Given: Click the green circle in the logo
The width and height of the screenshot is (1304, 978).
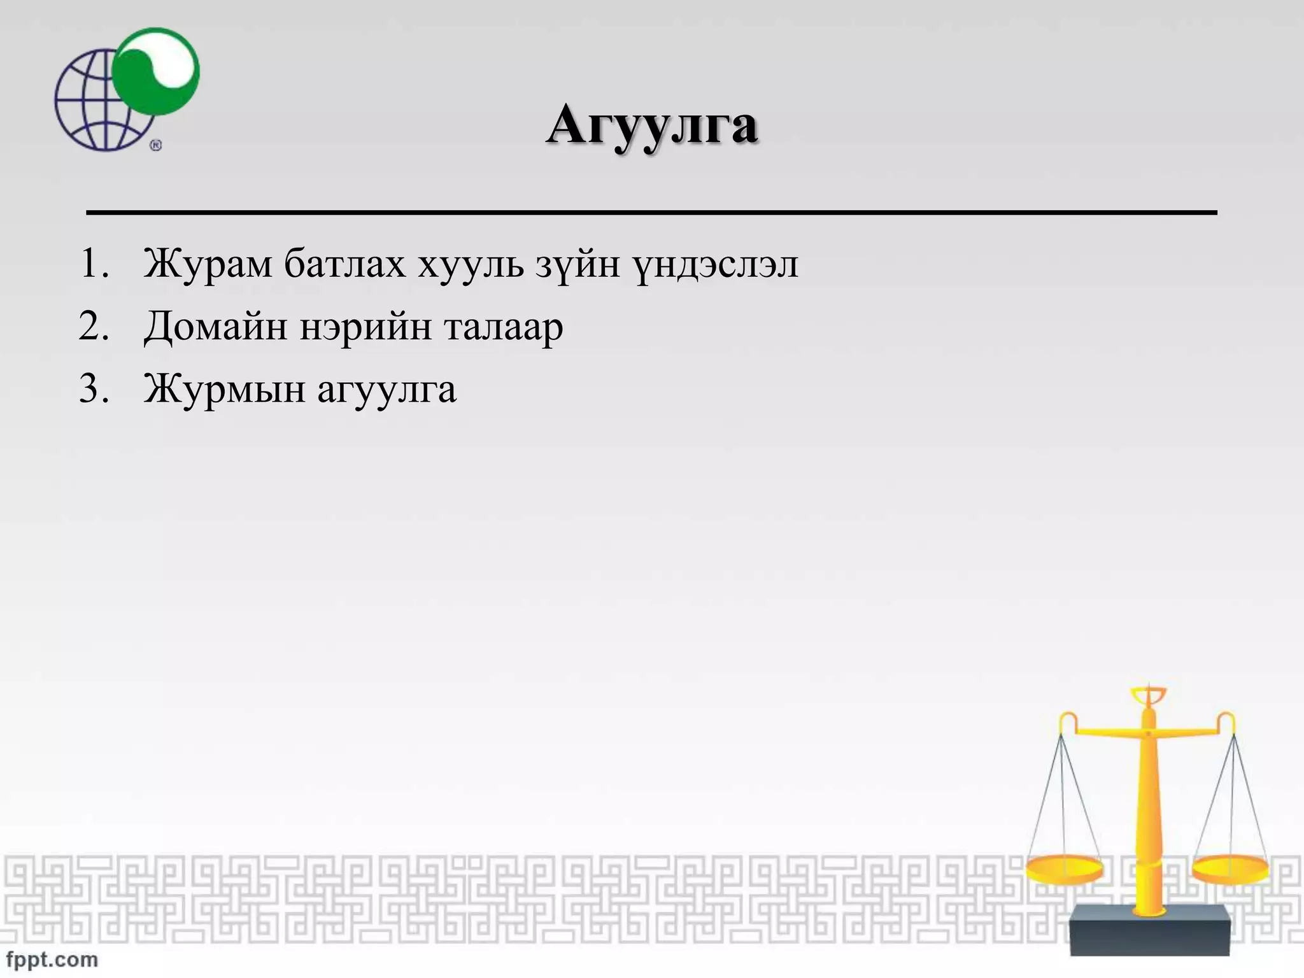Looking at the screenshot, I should click(x=156, y=71).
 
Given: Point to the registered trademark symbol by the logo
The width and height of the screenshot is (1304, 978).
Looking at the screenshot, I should click(x=156, y=145).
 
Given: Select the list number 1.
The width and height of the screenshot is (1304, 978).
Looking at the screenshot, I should click(x=93, y=264).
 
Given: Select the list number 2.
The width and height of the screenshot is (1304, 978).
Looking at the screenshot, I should click(x=93, y=326).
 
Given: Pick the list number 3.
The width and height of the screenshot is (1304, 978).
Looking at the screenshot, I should click(x=93, y=388).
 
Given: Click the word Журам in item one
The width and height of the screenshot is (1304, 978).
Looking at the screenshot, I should click(x=208, y=264).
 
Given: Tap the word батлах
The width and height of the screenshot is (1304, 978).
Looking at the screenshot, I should click(x=344, y=264).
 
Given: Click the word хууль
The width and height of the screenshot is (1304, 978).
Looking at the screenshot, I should click(x=471, y=264).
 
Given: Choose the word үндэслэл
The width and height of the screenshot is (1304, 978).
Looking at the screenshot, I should click(x=716, y=264).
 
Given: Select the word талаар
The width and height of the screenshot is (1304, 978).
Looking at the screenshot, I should click(x=504, y=327).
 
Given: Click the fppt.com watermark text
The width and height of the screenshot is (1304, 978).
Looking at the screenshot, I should click(x=52, y=959).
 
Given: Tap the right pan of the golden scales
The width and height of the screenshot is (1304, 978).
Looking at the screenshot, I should click(x=1230, y=869).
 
